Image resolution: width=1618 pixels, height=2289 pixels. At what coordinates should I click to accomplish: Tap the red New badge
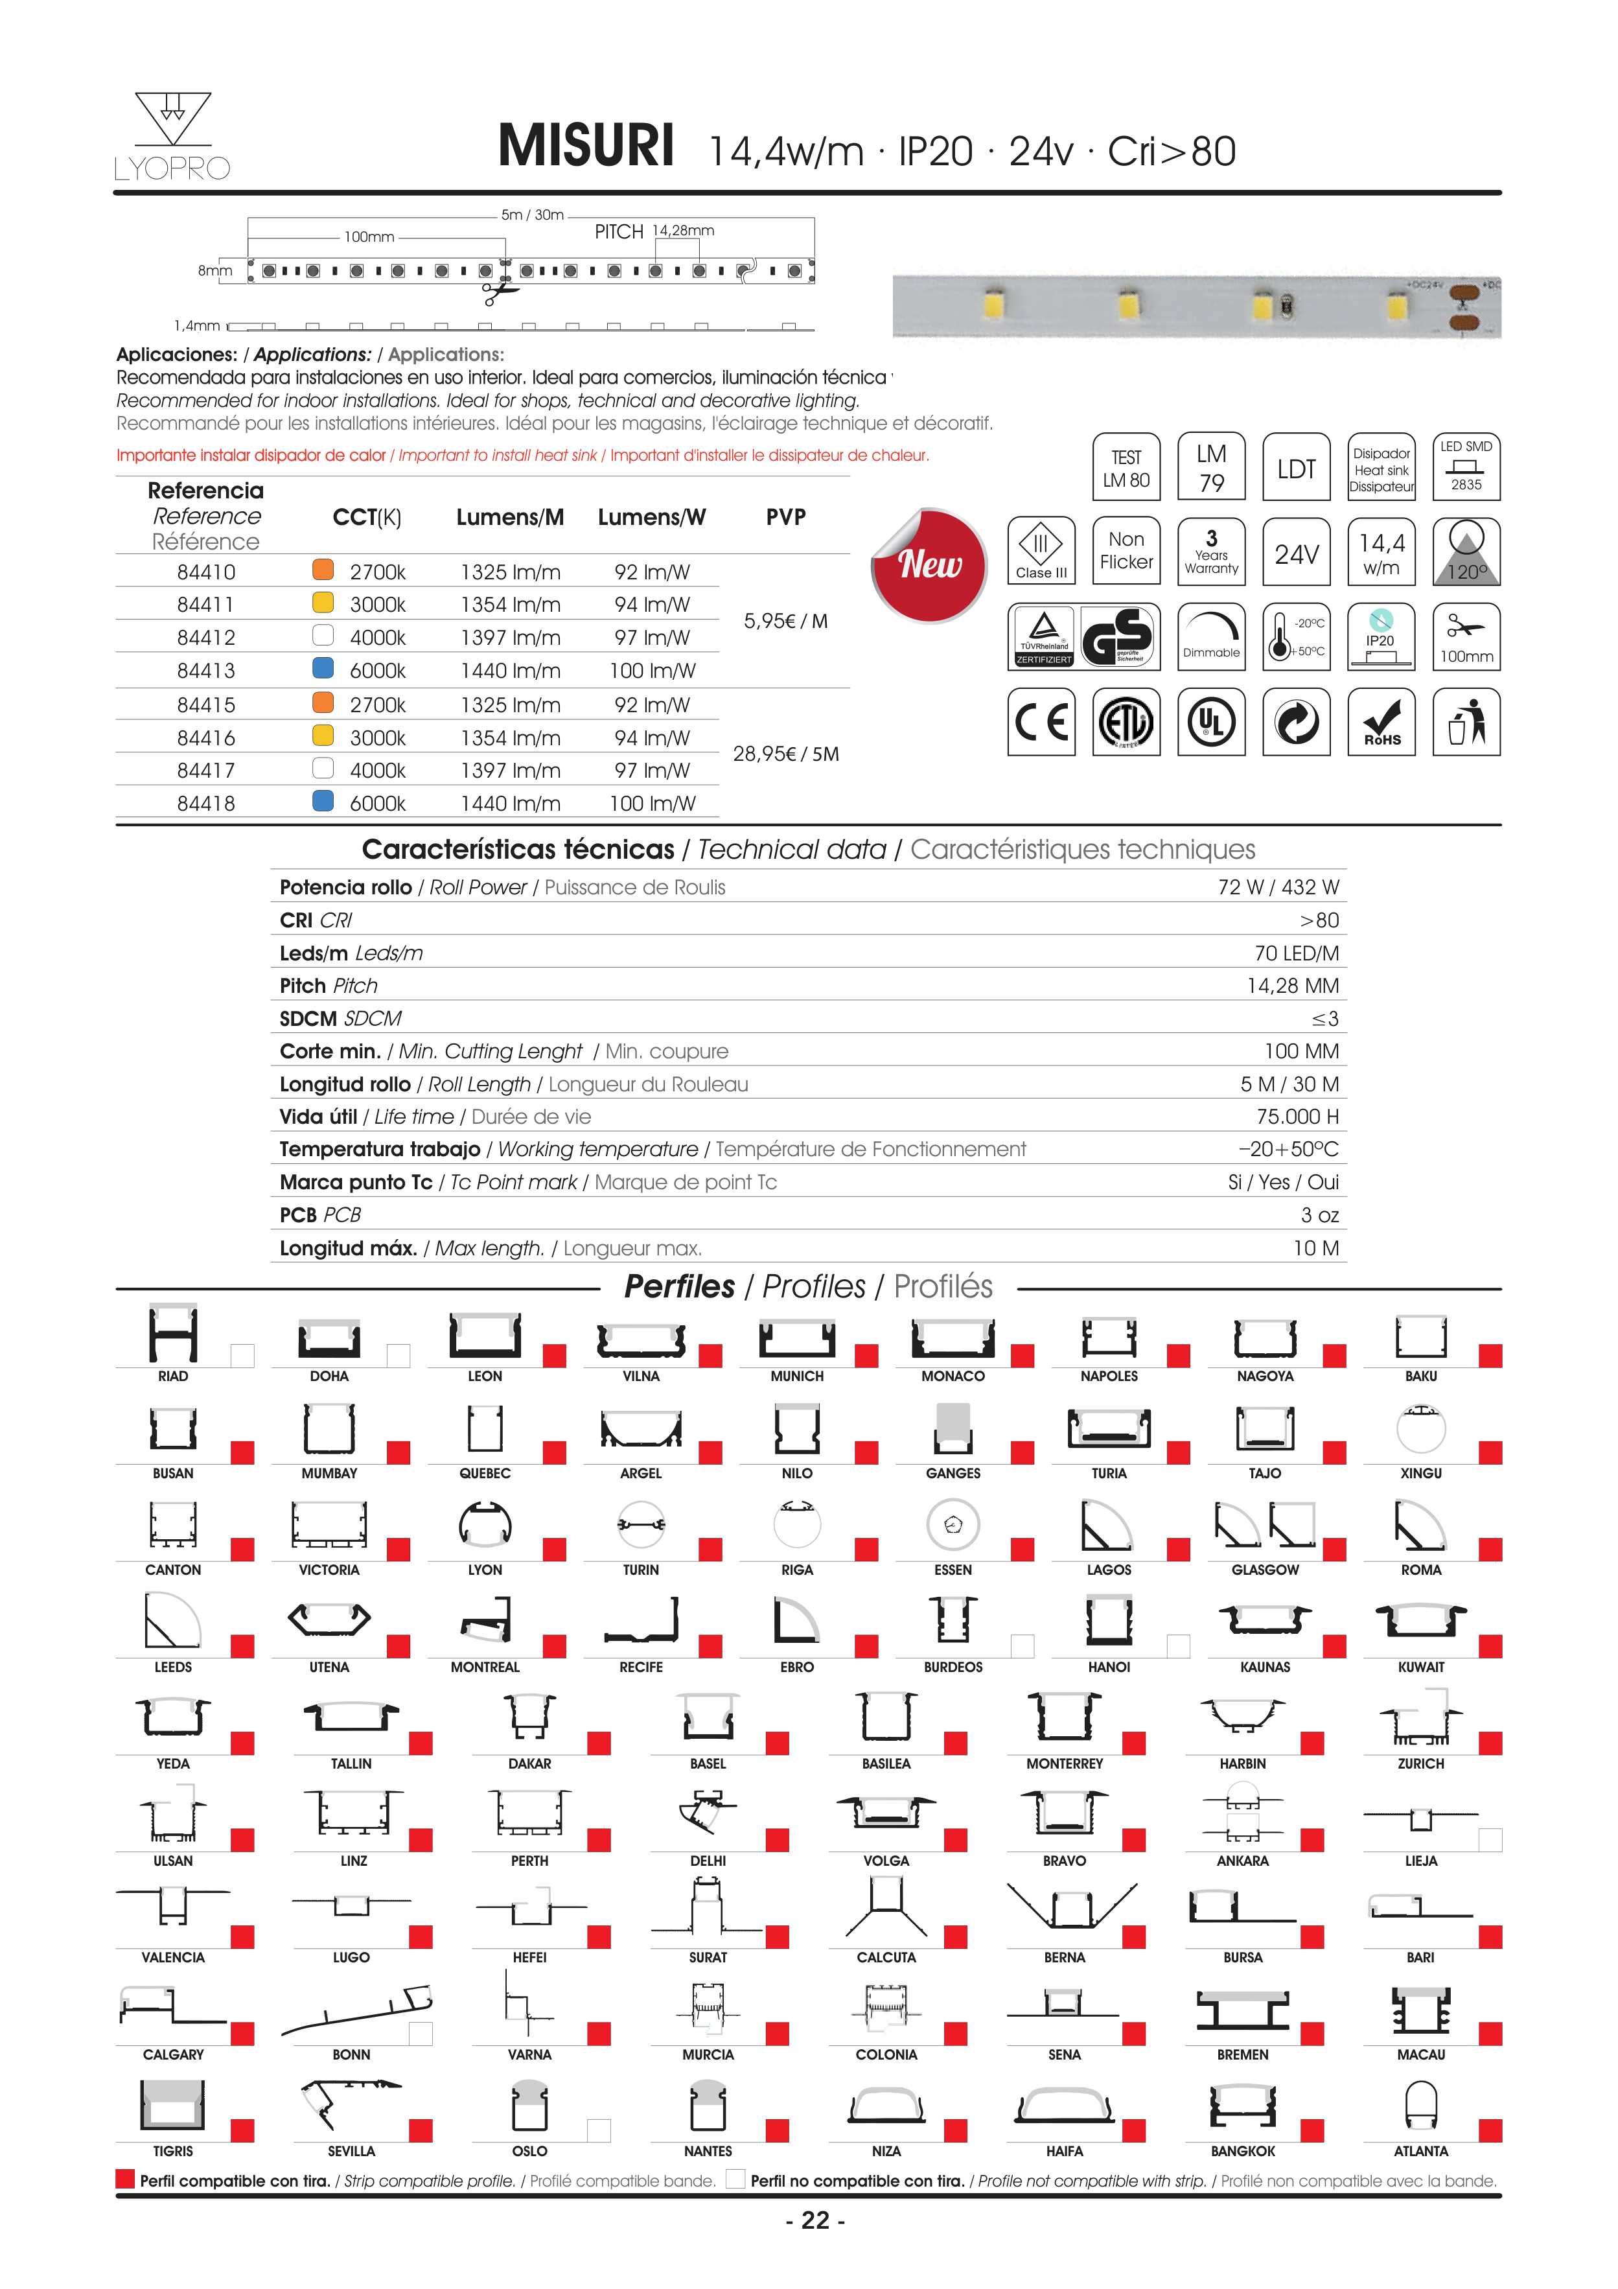coord(930,564)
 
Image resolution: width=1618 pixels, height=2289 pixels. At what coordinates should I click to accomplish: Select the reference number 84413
coord(206,671)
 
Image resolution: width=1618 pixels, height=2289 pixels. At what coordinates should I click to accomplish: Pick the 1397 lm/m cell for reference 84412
coord(511,638)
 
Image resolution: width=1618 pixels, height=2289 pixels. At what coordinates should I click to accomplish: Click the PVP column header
coord(785,517)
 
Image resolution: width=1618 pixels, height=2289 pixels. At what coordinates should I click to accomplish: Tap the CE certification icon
coord(1041,722)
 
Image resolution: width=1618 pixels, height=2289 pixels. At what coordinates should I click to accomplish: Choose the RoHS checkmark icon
coord(1381,722)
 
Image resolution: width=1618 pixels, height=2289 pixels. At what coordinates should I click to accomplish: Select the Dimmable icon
coord(1211,636)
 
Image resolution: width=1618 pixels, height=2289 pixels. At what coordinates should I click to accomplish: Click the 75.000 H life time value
coord(1297,1117)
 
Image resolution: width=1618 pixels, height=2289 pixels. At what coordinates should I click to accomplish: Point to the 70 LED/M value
coord(1296,953)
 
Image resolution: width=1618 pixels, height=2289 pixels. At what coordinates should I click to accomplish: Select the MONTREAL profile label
coord(485,1667)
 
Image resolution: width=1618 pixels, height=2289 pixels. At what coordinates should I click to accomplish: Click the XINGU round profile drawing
coord(1420,1428)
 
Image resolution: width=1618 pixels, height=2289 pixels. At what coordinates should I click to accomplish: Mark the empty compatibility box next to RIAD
coord(242,1356)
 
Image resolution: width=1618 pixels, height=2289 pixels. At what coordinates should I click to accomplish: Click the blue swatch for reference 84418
coord(323,800)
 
